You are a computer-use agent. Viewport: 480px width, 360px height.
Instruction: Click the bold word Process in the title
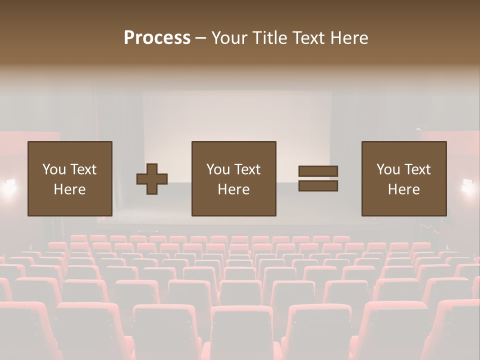pyautogui.click(x=157, y=38)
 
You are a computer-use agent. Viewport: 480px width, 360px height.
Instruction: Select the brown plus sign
pyautogui.click(x=152, y=179)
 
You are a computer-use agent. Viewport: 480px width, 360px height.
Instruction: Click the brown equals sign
pyautogui.click(x=318, y=178)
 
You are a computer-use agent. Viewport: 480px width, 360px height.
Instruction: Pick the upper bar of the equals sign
pyautogui.click(x=318, y=171)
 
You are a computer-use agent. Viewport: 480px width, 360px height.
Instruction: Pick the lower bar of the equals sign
pyautogui.click(x=318, y=186)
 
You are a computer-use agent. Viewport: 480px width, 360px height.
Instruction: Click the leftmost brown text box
pyautogui.click(x=69, y=178)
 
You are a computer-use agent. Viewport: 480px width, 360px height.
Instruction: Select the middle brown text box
pyautogui.click(x=233, y=178)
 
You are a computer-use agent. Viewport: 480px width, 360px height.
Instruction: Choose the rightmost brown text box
pyautogui.click(x=403, y=178)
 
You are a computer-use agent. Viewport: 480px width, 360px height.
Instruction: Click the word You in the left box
pyautogui.click(x=54, y=169)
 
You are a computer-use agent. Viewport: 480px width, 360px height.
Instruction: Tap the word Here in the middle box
pyautogui.click(x=233, y=189)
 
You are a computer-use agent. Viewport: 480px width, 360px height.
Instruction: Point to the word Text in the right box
pyautogui.click(x=417, y=169)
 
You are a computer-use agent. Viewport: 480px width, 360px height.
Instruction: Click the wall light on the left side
pyautogui.click(x=9, y=185)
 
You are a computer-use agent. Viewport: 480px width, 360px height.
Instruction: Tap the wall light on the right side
pyautogui.click(x=468, y=185)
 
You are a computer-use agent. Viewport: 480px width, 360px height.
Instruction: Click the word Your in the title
pyautogui.click(x=229, y=38)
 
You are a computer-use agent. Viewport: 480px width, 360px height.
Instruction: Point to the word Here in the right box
pyautogui.click(x=403, y=189)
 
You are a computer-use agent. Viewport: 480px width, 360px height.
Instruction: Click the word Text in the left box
pyautogui.click(x=83, y=169)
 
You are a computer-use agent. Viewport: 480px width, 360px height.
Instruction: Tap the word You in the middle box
pyautogui.click(x=218, y=169)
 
